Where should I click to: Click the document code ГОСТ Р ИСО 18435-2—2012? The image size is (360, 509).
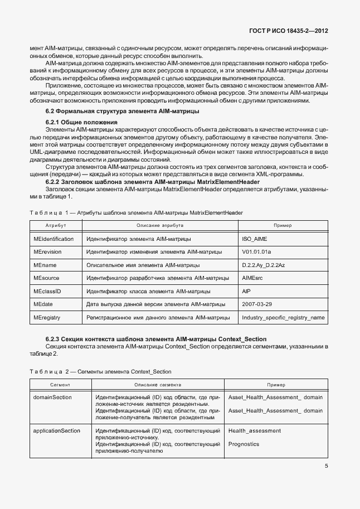[286, 32]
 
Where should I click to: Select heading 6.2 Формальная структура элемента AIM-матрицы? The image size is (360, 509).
[121, 112]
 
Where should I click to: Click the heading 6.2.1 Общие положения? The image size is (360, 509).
[81, 122]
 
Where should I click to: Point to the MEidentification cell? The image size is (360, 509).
[53, 239]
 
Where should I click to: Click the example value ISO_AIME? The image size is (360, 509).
[255, 239]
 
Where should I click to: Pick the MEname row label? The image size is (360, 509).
[45, 265]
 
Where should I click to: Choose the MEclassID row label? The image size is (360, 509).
[47, 292]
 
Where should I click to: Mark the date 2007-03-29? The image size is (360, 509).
[257, 305]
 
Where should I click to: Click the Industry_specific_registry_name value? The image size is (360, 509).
[283, 318]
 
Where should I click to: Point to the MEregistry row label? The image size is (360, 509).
[47, 318]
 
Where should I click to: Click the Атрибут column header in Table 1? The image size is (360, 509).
[56, 225]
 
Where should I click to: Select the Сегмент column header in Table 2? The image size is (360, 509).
[60, 385]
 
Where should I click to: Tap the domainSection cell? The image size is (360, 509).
[53, 397]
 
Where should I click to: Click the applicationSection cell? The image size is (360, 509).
[57, 430]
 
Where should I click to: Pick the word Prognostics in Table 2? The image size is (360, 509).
[244, 444]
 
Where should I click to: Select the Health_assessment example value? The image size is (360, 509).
[255, 430]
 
